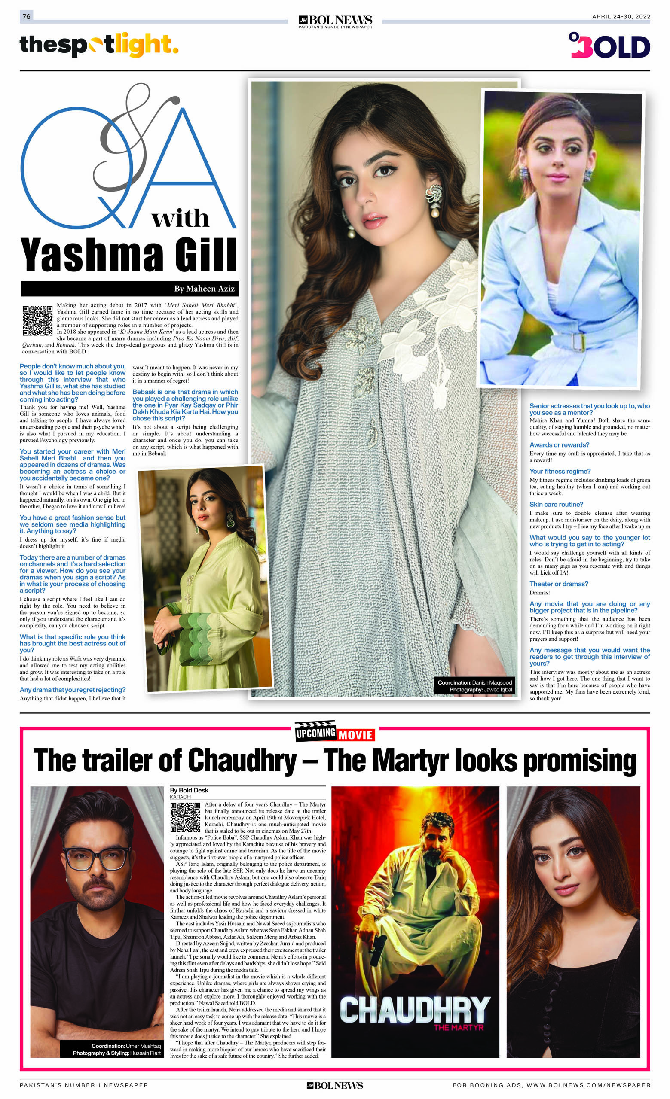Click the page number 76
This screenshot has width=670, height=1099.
pos(26,16)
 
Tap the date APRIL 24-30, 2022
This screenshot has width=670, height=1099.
pos(621,16)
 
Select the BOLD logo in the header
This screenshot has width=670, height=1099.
pos(609,46)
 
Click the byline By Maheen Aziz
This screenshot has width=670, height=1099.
pos(204,289)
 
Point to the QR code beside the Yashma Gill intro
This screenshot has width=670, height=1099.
pos(37,320)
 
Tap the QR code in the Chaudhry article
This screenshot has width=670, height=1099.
pos(185,817)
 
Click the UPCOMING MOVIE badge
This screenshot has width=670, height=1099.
pos(334,733)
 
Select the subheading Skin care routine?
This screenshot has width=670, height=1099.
pos(556,505)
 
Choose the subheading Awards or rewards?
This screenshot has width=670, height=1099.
pos(559,444)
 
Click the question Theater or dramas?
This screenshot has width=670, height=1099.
pos(558,584)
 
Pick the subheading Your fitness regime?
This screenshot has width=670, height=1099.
pos(560,471)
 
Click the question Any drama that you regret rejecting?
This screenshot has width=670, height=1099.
pos(73,690)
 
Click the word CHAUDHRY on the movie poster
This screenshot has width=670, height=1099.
pos(415,1011)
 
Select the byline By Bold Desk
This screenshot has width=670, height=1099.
pos(189,790)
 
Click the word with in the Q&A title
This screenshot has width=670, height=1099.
pos(180,219)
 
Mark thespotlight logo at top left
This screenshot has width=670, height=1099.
pos(99,45)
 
